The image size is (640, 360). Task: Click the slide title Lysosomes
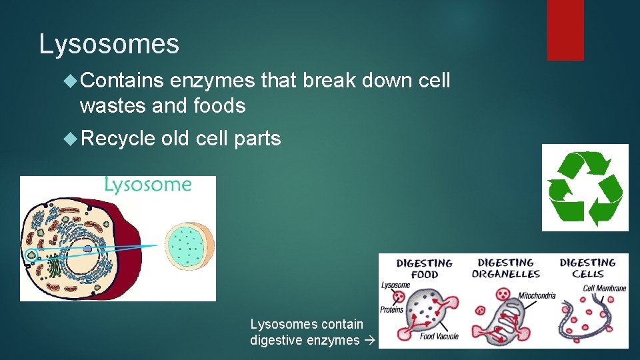click(x=109, y=45)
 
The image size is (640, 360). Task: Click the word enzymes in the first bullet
click(x=212, y=81)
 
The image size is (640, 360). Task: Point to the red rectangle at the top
click(x=565, y=30)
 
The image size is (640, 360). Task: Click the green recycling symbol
click(x=585, y=188)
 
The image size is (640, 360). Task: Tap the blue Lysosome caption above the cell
click(x=147, y=185)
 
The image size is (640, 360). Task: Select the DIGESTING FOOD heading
click(x=424, y=269)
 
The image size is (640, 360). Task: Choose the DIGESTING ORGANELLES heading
click(x=506, y=268)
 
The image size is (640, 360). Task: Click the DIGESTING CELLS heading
click(x=587, y=268)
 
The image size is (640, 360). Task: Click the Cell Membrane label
click(x=604, y=288)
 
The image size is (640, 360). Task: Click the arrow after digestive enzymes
click(x=371, y=341)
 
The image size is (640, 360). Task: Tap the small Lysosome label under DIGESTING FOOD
click(x=396, y=286)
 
